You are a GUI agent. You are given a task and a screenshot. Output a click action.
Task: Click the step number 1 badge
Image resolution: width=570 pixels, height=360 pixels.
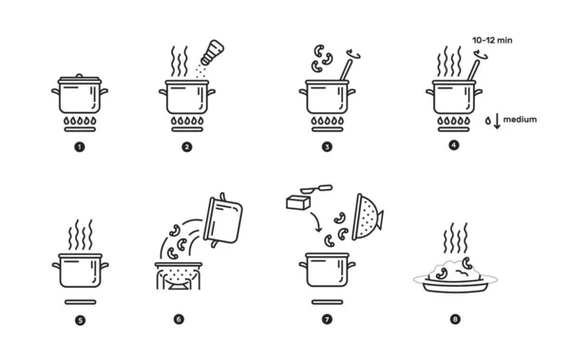[80, 147]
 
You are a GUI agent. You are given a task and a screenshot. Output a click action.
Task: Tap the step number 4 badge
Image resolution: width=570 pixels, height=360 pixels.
[454, 145]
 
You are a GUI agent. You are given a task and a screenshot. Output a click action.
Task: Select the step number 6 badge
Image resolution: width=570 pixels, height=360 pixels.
[179, 319]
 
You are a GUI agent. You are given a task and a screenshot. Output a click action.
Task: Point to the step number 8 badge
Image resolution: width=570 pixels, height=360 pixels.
[455, 319]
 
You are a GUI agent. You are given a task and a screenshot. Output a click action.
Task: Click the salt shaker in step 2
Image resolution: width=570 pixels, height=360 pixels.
[212, 52]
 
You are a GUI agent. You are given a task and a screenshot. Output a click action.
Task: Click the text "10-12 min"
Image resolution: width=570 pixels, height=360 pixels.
[492, 40]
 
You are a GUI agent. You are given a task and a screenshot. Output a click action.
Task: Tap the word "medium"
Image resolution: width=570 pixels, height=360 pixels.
[520, 120]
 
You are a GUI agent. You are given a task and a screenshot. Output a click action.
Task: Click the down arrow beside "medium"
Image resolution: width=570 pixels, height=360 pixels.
[497, 122]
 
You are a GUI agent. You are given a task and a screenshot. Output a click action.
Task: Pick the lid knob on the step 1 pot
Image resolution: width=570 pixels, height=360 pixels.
[80, 76]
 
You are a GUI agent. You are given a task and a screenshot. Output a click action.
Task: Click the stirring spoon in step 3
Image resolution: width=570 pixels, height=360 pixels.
[346, 70]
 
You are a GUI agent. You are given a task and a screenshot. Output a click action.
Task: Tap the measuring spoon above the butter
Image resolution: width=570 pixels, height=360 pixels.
[316, 189]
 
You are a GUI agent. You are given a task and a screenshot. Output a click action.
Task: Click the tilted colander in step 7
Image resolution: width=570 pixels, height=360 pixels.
[367, 218]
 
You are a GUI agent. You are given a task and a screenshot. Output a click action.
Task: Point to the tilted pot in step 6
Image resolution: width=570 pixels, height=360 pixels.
[223, 220]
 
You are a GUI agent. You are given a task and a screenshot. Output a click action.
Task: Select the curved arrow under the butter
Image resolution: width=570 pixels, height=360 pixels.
[316, 221]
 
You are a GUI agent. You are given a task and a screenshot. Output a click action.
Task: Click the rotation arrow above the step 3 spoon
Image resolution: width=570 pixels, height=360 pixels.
[353, 54]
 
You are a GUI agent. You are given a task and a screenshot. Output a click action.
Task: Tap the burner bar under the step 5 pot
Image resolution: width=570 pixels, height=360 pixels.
[81, 302]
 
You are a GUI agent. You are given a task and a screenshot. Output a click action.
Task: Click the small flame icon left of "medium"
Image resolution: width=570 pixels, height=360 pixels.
[488, 121]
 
